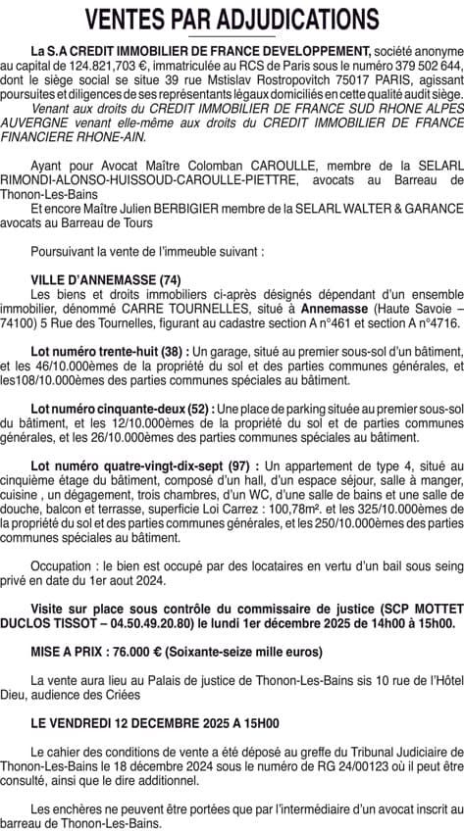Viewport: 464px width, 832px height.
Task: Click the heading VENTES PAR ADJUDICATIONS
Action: tap(232, 20)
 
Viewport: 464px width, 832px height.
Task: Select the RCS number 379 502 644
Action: tap(412, 67)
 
